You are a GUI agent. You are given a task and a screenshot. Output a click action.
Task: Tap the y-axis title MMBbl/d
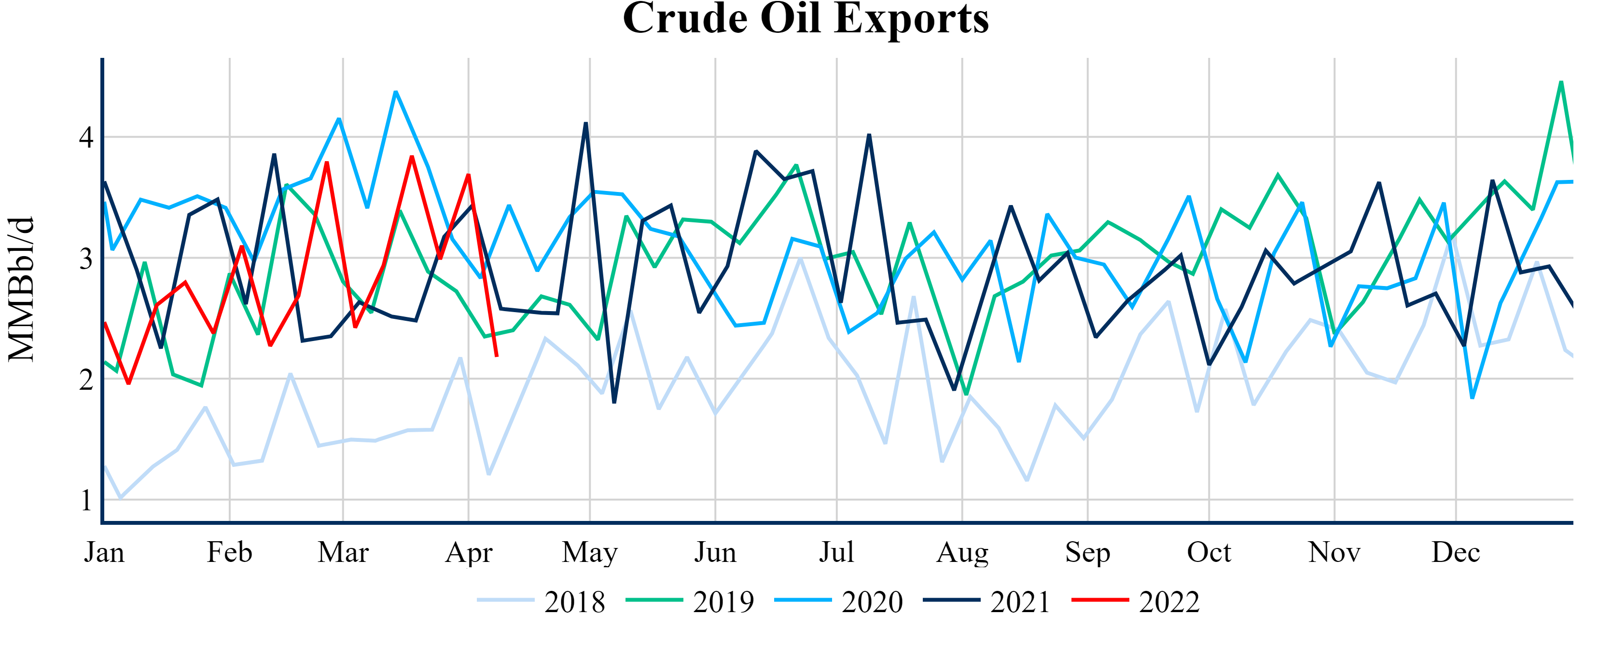21,289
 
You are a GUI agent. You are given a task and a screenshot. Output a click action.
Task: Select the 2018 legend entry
542,601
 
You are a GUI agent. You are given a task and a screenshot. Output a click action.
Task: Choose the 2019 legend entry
690,601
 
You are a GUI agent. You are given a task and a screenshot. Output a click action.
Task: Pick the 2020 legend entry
839,601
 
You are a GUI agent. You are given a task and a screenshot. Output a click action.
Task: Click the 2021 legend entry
987,601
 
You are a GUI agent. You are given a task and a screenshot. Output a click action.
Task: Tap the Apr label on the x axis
469,553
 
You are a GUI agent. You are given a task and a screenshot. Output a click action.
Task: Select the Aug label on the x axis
962,553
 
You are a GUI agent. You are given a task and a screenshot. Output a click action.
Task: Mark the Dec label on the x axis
1456,553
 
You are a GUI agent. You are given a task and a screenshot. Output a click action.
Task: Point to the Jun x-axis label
715,553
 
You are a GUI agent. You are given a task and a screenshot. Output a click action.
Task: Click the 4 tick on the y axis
86,137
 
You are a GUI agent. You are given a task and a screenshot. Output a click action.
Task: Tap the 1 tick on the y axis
86,500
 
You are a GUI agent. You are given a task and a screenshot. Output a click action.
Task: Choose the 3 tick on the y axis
86,258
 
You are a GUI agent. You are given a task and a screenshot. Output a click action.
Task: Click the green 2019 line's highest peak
1561,82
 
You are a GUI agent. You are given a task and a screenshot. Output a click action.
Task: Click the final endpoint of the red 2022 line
497,356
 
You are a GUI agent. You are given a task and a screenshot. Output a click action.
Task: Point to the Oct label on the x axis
1209,553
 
